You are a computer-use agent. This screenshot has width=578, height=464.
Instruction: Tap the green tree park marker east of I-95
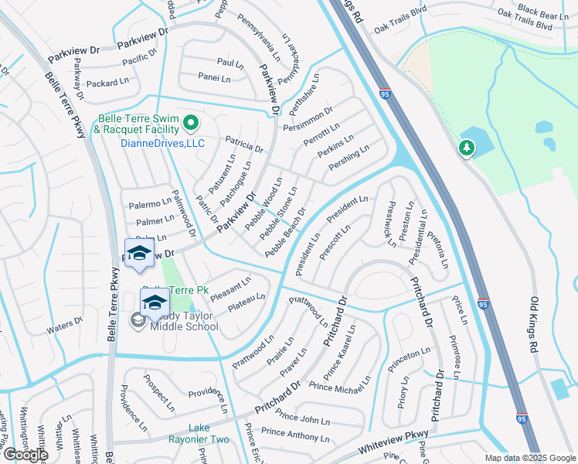click(466, 147)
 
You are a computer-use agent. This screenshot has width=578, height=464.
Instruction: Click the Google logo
click(25, 455)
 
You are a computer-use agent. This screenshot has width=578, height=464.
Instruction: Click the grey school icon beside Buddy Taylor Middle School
click(138, 320)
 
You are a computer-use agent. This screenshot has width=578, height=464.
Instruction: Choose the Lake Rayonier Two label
click(198, 433)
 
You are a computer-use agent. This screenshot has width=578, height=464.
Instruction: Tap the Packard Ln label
click(107, 83)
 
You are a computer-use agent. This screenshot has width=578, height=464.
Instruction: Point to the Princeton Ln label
click(410, 354)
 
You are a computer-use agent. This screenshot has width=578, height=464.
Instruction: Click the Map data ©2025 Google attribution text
click(530, 458)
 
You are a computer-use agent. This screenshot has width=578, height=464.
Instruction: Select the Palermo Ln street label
click(149, 204)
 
